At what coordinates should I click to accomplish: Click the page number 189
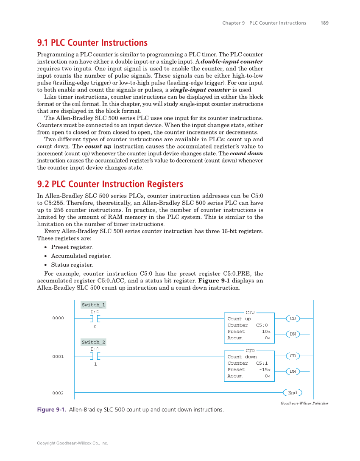pyautogui.click(x=324, y=23)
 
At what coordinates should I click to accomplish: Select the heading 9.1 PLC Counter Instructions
pyautogui.click(x=92, y=43)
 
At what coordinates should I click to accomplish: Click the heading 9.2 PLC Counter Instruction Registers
pyautogui.click(x=110, y=184)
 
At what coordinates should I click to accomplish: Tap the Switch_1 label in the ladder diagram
pyautogui.click(x=93, y=305)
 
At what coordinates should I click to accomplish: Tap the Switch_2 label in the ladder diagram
pyautogui.click(x=93, y=342)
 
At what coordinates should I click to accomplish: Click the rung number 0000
pyautogui.click(x=58, y=318)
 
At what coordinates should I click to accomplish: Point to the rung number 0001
pyautogui.click(x=58, y=357)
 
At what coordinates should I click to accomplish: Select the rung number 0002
pyautogui.click(x=58, y=393)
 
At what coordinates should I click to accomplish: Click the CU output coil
pyautogui.click(x=293, y=319)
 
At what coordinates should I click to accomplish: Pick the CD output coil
pyautogui.click(x=293, y=356)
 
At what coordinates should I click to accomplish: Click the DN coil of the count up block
pyautogui.click(x=293, y=334)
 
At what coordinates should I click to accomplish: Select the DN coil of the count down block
pyautogui.click(x=293, y=372)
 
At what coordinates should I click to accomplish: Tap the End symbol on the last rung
pyautogui.click(x=293, y=393)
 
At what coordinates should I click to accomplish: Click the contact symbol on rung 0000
pyautogui.click(x=95, y=319)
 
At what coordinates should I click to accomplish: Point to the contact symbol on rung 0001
pyautogui.click(x=95, y=356)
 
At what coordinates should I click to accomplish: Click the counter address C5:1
pyautogui.click(x=262, y=363)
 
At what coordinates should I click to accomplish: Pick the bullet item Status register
pyautogui.click(x=72, y=265)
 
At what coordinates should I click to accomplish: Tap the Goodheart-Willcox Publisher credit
pyautogui.click(x=304, y=403)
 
